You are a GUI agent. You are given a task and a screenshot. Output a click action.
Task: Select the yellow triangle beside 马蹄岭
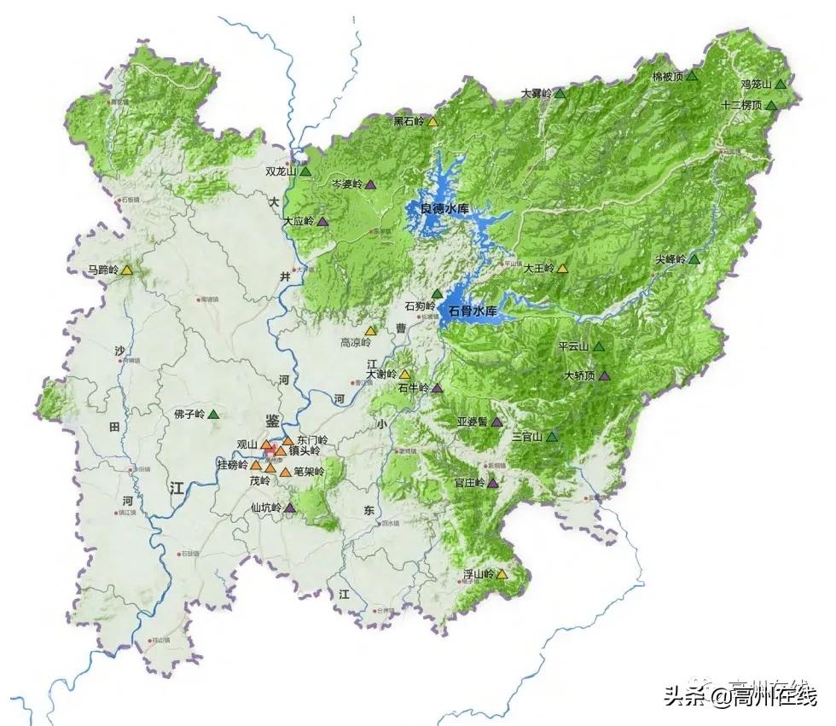coord(126,270)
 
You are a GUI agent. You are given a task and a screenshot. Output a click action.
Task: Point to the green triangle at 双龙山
coord(305,171)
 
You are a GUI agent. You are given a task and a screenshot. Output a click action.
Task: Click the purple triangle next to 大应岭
coord(322,221)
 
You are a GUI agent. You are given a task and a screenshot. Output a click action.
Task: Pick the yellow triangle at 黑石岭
coord(433,121)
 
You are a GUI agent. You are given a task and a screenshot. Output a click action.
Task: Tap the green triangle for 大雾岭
coord(560,93)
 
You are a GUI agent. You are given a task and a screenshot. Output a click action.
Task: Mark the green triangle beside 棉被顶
coord(693,76)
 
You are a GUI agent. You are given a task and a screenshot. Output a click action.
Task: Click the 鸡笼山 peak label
coord(756,84)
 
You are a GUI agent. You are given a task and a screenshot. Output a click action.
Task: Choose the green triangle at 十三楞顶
coord(771,105)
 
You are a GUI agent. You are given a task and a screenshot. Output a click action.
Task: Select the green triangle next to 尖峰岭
coord(694,258)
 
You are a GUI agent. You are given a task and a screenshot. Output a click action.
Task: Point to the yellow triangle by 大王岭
coord(562,268)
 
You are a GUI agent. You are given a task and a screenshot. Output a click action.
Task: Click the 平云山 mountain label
coord(573,347)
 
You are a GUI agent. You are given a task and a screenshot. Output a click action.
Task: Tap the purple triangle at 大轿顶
coord(605,375)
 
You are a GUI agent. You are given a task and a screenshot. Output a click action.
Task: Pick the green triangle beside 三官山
coord(552,436)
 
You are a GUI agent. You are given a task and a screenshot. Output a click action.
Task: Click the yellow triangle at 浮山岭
coord(502,573)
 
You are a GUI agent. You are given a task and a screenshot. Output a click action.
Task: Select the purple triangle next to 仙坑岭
coord(290,508)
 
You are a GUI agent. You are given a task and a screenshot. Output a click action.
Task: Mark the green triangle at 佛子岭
coord(212,415)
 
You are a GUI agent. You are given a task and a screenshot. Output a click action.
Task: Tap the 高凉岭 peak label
coord(356,343)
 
